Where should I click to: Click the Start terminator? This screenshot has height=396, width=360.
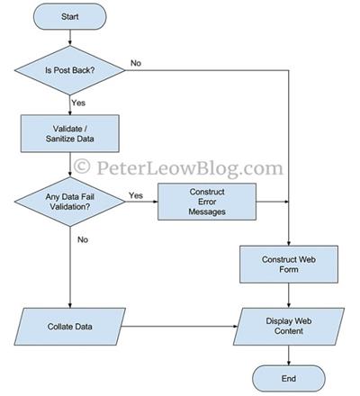coord(70,16)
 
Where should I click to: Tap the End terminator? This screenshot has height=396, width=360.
coord(289,378)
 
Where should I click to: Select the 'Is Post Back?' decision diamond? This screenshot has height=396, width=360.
coord(70,70)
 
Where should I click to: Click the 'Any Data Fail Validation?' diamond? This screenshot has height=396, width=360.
coord(70,202)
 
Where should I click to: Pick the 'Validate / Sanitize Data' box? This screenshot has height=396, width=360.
coord(70,133)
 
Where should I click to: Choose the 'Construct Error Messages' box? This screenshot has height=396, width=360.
coord(207,202)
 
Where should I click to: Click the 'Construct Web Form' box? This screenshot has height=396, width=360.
coord(289,265)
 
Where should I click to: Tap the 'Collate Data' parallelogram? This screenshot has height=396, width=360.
coord(70,327)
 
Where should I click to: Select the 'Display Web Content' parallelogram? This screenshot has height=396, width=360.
coord(289,327)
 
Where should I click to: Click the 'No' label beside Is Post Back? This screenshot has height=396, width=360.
coord(136,63)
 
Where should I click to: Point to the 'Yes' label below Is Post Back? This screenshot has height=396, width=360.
coord(78,103)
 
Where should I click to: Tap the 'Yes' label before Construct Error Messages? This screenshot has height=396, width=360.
coord(136,195)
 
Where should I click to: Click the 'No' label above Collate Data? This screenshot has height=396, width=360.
coord(83,239)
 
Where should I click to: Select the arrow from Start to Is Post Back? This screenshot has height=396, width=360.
coord(70,38)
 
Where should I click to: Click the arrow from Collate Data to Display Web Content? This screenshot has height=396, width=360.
coord(179,327)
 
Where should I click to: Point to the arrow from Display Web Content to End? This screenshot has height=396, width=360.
coord(289,355)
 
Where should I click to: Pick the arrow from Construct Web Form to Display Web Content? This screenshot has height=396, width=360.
coord(289,295)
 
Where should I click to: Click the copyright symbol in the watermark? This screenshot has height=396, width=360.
coord(82,166)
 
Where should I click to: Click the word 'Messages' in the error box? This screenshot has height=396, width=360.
coord(207,211)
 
